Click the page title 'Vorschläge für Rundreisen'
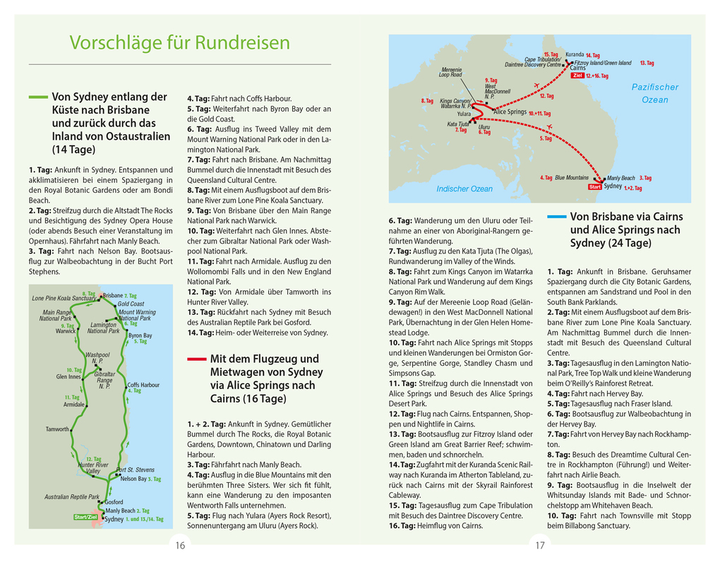click(179, 43)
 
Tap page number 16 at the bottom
click(180, 545)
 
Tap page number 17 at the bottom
click(540, 545)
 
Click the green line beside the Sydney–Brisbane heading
click(38, 97)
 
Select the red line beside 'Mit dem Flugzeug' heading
click(196, 359)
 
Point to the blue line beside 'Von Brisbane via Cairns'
click(556, 217)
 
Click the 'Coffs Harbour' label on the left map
click(143, 385)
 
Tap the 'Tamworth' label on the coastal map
click(57, 429)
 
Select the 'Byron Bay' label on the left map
click(140, 335)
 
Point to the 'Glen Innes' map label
click(69, 377)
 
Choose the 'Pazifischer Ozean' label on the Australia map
click(654, 93)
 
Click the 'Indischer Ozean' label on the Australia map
click(464, 189)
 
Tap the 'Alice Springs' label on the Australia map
click(510, 112)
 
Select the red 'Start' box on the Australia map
click(594, 187)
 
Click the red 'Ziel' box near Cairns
click(577, 76)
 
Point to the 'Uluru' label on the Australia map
click(484, 127)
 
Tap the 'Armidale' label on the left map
click(74, 405)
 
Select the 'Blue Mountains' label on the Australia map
click(571, 178)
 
